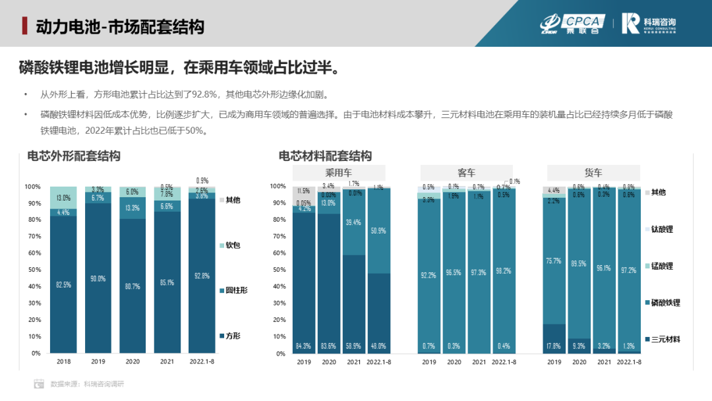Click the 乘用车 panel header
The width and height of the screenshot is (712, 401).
(x=339, y=173)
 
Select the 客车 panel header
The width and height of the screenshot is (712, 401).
(x=467, y=173)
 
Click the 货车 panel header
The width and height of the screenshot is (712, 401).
(x=593, y=173)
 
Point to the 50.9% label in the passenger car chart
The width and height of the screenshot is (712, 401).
(x=379, y=231)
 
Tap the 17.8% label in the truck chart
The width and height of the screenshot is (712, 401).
(x=554, y=346)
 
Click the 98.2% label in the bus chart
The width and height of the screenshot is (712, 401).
(x=504, y=271)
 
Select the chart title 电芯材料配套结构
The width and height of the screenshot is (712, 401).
(x=325, y=156)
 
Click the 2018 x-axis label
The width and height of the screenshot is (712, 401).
(x=63, y=361)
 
